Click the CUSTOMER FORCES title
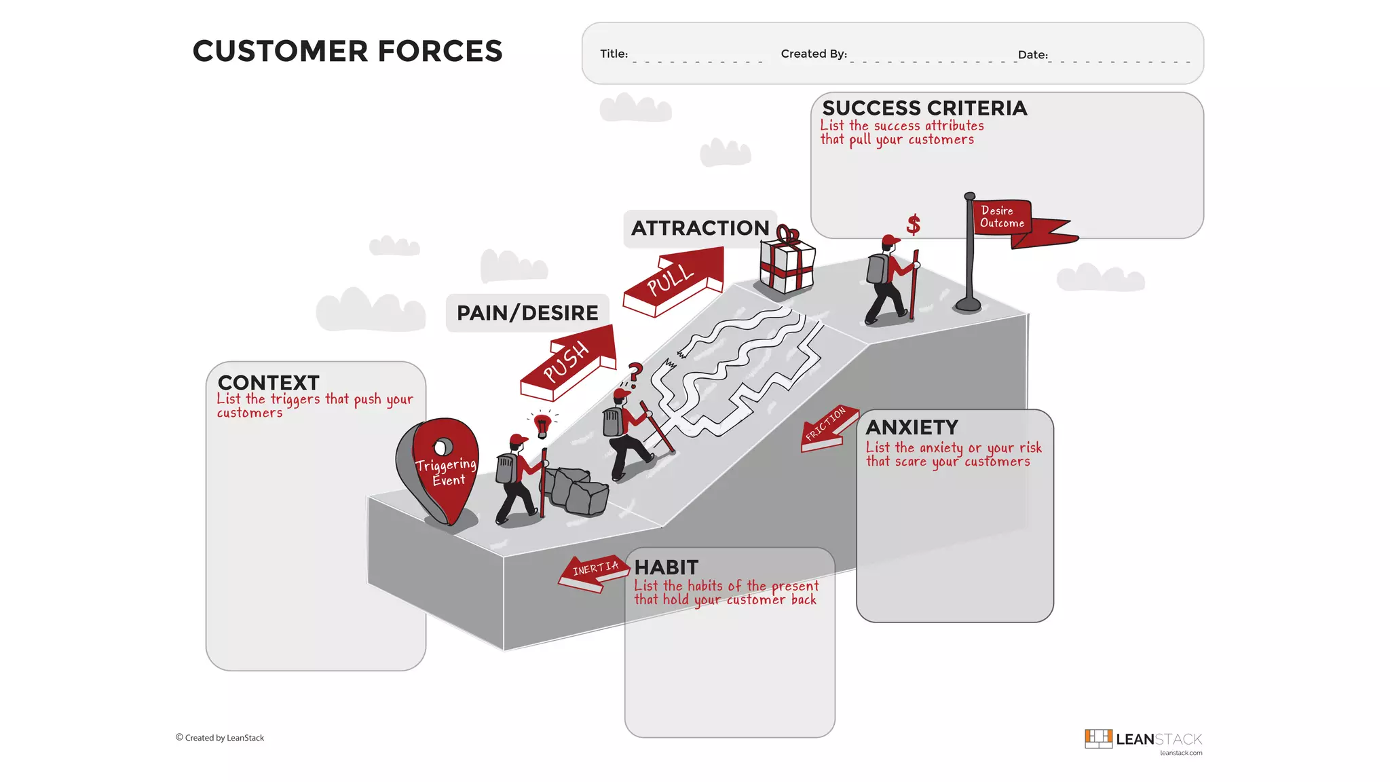pyautogui.click(x=347, y=52)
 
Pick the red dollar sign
pyautogui.click(x=914, y=224)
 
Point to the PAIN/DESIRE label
pyautogui.click(x=527, y=313)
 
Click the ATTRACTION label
pyautogui.click(x=700, y=228)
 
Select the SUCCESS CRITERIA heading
pyautogui.click(x=924, y=109)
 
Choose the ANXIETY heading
pyautogui.click(x=912, y=428)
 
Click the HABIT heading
pyautogui.click(x=666, y=567)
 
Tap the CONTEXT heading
pyautogui.click(x=268, y=383)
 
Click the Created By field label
pyautogui.click(x=814, y=54)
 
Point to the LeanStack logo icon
pyautogui.click(x=1097, y=739)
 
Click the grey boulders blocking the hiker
pyautogui.click(x=577, y=490)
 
